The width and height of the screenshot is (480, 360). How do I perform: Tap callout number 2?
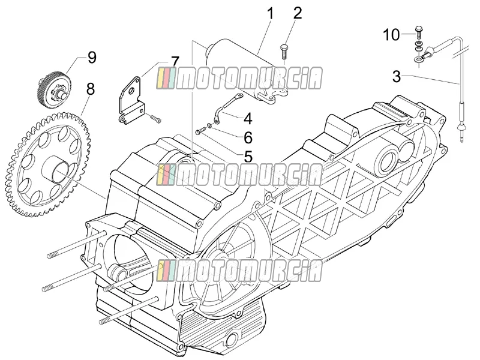(x=297, y=13)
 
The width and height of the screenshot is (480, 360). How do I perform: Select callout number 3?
(x=397, y=76)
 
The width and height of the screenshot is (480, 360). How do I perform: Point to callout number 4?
(x=248, y=119)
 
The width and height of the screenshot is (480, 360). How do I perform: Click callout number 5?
(x=248, y=157)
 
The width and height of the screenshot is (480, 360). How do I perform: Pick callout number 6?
(x=248, y=138)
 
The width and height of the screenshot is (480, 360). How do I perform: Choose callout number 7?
(x=175, y=62)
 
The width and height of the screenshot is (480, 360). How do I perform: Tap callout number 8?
(x=90, y=89)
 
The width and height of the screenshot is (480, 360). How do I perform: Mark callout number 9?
(x=92, y=57)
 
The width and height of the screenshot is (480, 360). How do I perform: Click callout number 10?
(x=392, y=35)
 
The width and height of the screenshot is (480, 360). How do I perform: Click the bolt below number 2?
(x=283, y=52)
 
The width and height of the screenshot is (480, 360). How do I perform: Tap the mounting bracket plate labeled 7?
(x=131, y=100)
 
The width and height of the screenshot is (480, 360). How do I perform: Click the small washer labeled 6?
(x=209, y=125)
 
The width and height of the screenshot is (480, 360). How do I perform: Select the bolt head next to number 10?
(x=418, y=29)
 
